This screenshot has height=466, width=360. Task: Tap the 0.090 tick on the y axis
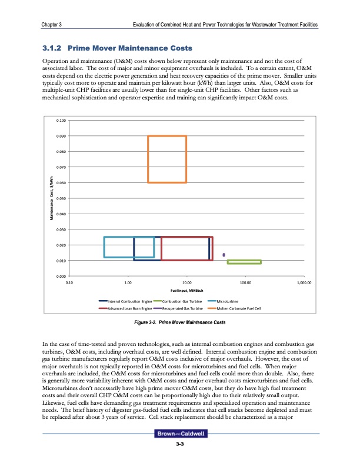pos(61,137)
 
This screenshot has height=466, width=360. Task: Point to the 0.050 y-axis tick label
pos(61,198)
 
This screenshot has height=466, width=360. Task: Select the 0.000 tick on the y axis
pos(61,276)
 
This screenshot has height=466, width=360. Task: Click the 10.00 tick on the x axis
pos(186,282)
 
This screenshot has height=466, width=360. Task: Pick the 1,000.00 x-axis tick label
pos(304,282)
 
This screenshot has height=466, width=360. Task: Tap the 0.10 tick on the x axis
pos(69,282)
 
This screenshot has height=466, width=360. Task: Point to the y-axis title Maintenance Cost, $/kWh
pos(52,199)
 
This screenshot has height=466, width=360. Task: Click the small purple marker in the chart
pos(224,254)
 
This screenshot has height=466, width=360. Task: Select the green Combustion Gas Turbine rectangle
pos(244,262)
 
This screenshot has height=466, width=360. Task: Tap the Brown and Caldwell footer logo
pos(181,451)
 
